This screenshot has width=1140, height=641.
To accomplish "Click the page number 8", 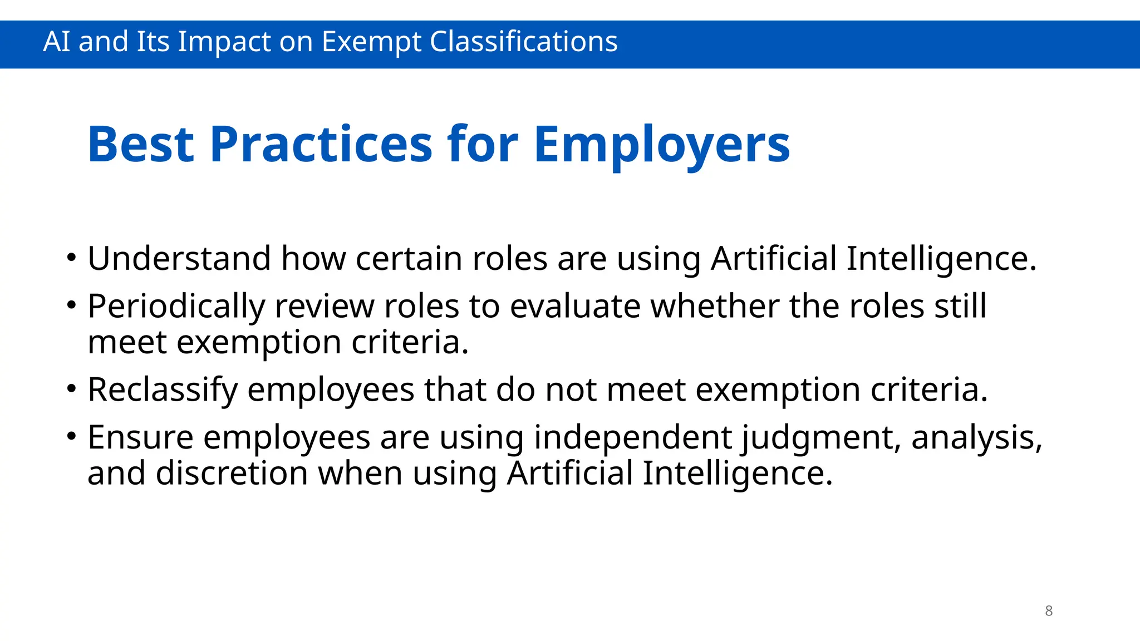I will (x=1049, y=611).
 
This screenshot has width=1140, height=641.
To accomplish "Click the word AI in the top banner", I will (x=56, y=42).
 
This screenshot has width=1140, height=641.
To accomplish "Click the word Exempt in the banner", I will (x=371, y=42).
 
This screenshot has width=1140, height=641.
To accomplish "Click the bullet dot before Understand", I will (x=71, y=258).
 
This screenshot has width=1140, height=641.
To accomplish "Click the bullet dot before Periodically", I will (x=71, y=305).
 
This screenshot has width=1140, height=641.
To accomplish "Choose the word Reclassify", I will (x=163, y=389).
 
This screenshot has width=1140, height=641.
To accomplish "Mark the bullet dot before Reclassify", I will (x=71, y=389).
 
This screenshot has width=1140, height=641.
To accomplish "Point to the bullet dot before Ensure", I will (x=71, y=437).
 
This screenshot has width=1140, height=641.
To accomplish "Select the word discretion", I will (x=232, y=473).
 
